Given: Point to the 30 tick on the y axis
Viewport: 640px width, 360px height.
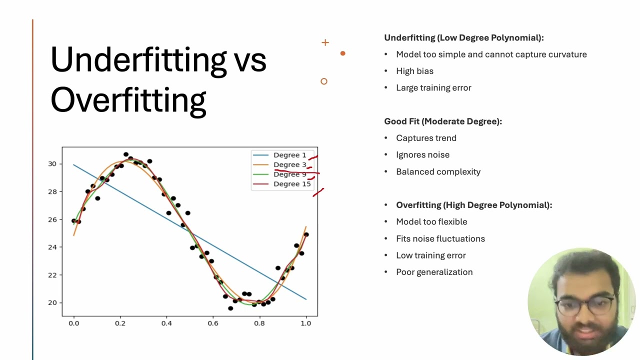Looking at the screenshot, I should point(52,164).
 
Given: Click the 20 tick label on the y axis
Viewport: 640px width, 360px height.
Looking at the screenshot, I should point(52,302).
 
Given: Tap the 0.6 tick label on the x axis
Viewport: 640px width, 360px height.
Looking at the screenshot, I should point(213,323).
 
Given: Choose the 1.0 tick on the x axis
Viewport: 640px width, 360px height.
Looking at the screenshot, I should point(306,323).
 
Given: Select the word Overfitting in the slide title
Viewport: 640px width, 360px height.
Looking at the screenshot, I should point(128,99).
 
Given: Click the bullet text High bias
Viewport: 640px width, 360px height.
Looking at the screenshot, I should point(414,71).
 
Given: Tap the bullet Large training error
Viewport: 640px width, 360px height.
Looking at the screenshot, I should point(433,87).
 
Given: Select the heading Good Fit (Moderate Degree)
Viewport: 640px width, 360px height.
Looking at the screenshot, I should point(443,121).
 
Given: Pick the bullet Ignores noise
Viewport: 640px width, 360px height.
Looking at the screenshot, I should point(422,154).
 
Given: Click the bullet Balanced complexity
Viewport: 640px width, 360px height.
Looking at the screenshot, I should point(438,171).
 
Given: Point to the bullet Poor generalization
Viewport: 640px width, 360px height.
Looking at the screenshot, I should point(434,272).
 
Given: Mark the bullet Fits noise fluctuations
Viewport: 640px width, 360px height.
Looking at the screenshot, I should point(440,238).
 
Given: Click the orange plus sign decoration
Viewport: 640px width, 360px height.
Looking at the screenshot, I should point(325,42).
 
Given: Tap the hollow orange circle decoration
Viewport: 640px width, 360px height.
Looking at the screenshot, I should point(324,81).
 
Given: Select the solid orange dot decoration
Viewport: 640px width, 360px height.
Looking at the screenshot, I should point(342,53).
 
